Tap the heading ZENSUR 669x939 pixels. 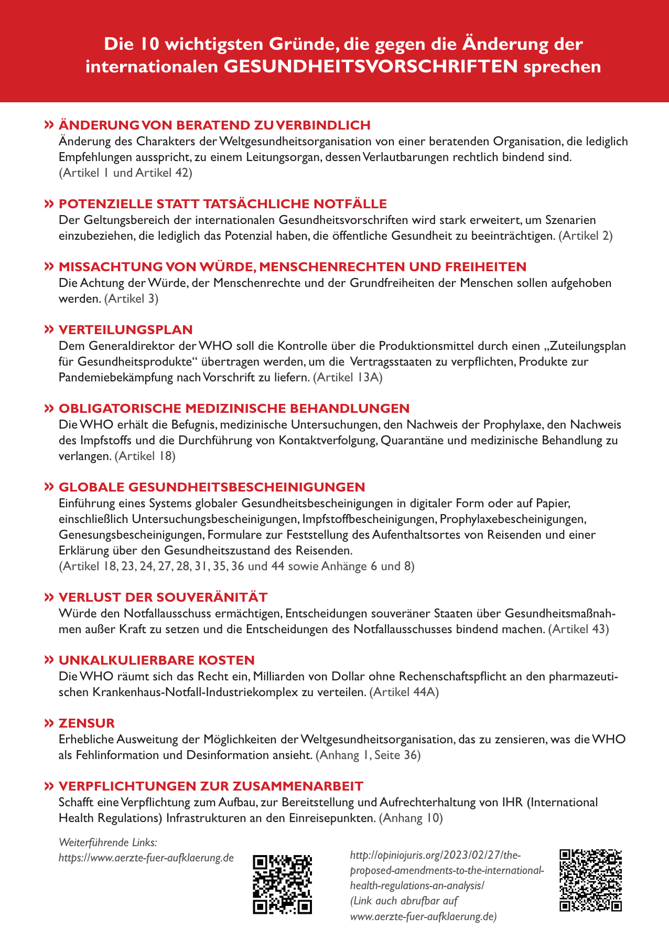tap(87, 723)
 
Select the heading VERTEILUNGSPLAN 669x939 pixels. tap(126, 329)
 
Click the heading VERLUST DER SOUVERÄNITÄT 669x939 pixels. tap(163, 597)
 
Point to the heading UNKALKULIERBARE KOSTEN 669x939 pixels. tap(157, 660)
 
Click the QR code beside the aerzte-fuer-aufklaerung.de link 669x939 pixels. tap(282, 884)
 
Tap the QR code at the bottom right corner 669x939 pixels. tap(590, 880)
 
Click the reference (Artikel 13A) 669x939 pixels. tap(348, 377)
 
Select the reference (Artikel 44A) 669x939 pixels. tap(404, 692)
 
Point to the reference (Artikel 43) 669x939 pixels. tap(578, 629)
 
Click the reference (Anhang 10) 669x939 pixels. tap(411, 818)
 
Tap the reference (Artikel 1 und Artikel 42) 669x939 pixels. tap(125, 173)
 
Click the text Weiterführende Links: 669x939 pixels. tap(108, 842)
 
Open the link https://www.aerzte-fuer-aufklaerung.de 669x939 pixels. tap(146, 858)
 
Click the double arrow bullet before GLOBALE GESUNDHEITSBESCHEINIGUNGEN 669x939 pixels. tap(49, 487)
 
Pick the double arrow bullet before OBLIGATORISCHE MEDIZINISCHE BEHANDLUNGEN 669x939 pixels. tap(49, 408)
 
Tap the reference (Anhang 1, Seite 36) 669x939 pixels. tap(368, 755)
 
